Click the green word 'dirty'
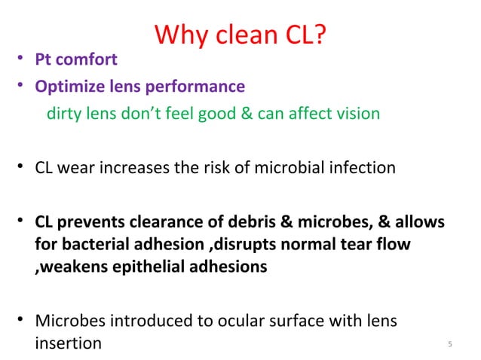(x=64, y=114)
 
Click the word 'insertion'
(x=68, y=343)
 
